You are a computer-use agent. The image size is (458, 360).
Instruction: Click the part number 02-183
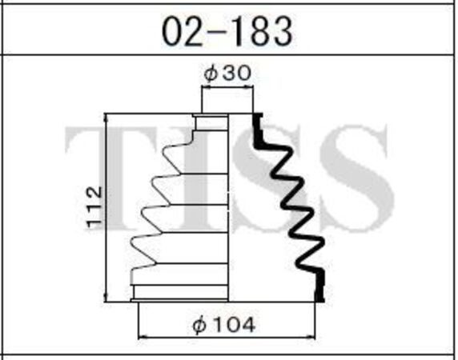(x=227, y=31)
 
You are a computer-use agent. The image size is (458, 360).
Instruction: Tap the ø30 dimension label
(x=227, y=73)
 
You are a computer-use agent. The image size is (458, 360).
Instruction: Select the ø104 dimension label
(x=223, y=325)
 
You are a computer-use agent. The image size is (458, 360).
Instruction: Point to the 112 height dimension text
(x=94, y=207)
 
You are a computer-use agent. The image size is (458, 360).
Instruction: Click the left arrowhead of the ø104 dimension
(x=142, y=338)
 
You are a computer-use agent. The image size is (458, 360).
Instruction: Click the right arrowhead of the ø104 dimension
(x=311, y=338)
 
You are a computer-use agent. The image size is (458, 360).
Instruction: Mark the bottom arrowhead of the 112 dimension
(x=106, y=298)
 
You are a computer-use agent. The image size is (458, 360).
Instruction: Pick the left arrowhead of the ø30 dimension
(x=205, y=86)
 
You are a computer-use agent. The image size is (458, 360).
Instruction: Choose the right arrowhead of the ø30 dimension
(x=250, y=86)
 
